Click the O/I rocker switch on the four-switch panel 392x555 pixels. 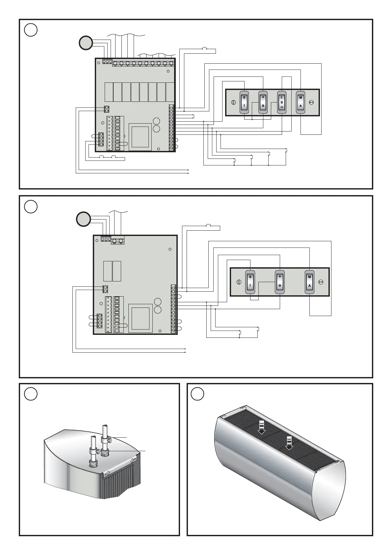(x=244, y=102)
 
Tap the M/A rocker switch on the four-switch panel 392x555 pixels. (x=301, y=102)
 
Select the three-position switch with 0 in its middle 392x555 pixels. (x=282, y=102)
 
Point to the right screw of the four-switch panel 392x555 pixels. (x=311, y=102)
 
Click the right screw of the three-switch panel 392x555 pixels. (x=321, y=282)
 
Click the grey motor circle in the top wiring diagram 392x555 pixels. (x=85, y=43)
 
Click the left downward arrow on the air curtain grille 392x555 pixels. (x=262, y=427)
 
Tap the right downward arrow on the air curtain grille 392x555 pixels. (x=289, y=442)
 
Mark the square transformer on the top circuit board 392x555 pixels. (x=140, y=137)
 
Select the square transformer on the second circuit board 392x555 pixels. (x=140, y=318)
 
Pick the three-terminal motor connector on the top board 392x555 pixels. (x=107, y=62)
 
